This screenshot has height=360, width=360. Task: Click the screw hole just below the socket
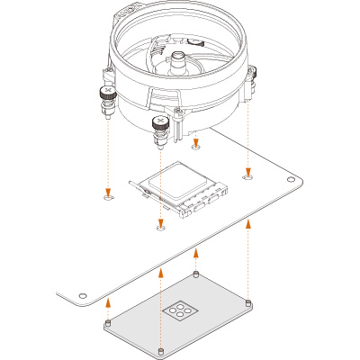click(160, 229)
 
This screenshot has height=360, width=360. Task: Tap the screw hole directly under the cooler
click(197, 146)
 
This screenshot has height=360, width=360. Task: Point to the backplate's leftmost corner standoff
click(108, 320)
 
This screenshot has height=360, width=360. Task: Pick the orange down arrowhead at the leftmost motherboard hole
click(108, 190)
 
